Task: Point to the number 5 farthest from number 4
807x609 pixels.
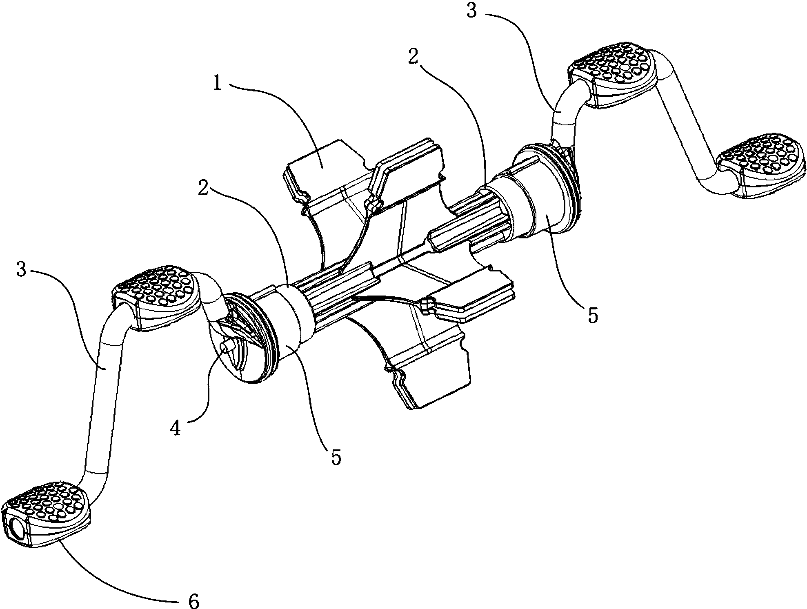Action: [x=593, y=316]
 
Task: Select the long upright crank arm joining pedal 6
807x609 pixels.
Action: [x=98, y=404]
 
